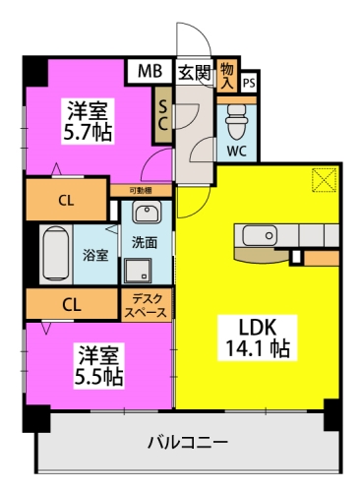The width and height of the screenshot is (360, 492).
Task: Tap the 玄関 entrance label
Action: tap(194, 71)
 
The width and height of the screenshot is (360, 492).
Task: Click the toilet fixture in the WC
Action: tap(237, 122)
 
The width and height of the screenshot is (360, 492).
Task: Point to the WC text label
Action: tap(237, 152)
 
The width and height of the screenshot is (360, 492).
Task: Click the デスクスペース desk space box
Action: tap(145, 304)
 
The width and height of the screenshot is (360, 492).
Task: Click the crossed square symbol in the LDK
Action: tap(324, 179)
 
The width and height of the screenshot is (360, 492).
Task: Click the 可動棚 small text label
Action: tap(139, 190)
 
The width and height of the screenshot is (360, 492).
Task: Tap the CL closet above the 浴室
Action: tap(64, 200)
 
